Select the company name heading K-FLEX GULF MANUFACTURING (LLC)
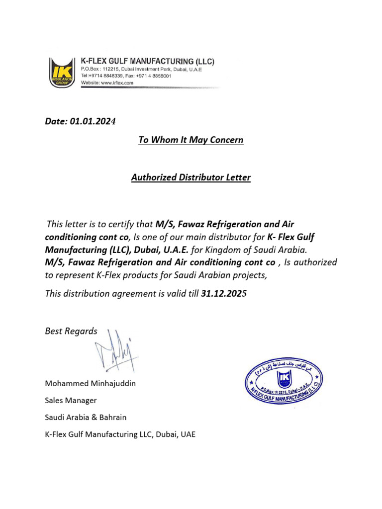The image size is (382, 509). [147, 62]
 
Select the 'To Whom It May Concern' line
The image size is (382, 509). [191, 140]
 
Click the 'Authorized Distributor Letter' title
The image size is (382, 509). [191, 177]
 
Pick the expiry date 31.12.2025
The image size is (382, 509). [224, 294]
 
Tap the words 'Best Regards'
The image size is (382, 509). [71, 332]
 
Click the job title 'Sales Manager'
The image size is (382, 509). [71, 401]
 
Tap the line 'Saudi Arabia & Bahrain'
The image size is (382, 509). [89, 418]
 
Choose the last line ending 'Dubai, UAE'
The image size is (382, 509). [120, 434]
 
